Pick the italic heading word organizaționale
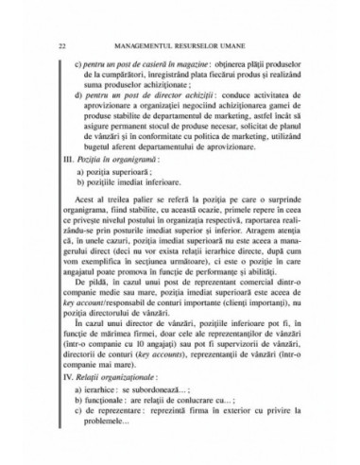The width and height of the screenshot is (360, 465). point(129,406)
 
